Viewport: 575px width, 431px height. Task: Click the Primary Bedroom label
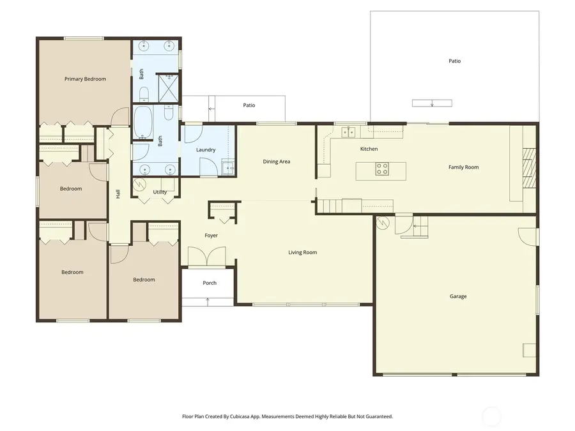[85, 79]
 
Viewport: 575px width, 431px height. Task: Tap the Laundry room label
[206, 150]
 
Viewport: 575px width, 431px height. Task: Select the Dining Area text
[277, 162]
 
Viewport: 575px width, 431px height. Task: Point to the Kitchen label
[369, 149]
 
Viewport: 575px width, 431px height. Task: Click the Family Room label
[463, 167]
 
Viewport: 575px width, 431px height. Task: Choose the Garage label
[457, 296]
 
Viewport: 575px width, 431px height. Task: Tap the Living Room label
[302, 252]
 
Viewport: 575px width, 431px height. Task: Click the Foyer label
[211, 236]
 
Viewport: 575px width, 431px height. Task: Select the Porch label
[210, 283]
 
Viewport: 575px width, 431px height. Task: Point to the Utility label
[160, 192]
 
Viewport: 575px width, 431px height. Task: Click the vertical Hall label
[118, 193]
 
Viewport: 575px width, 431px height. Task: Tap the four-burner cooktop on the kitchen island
[382, 169]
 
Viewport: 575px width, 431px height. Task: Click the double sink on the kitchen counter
[348, 132]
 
